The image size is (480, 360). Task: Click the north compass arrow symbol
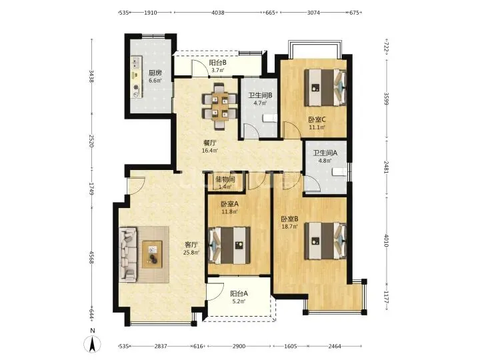[92, 343]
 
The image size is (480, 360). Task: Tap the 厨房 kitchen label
[155, 73]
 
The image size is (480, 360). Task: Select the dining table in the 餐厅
[220, 105]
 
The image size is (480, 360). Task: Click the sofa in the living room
[128, 254]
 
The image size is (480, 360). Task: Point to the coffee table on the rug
[152, 255]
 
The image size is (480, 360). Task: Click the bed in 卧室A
[229, 245]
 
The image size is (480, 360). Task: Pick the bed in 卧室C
[325, 87]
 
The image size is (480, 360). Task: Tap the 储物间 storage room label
[225, 179]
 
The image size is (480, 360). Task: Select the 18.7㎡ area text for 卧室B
[289, 227]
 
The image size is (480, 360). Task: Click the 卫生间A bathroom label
[325, 153]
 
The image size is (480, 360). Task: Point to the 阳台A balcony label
[239, 293]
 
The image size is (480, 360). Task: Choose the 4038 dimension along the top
[218, 13]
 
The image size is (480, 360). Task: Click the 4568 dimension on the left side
[91, 257]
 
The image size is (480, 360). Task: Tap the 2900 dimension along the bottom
[239, 346]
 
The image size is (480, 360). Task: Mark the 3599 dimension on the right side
[386, 99]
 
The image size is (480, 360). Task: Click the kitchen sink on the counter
[136, 63]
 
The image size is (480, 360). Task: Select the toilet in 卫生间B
[270, 118]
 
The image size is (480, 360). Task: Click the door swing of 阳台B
[199, 67]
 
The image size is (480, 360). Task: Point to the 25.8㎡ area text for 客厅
[191, 253]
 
